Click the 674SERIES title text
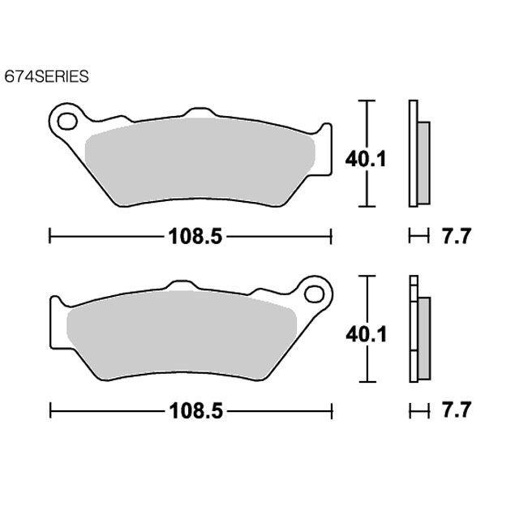point(47,76)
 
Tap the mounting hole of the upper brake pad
point(67,122)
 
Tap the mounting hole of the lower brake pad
point(314,294)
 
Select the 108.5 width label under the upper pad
point(195,237)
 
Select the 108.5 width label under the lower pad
point(196,411)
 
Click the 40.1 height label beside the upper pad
point(366,160)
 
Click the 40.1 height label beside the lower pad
point(367,335)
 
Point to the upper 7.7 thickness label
point(456,236)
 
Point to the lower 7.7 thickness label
point(456,410)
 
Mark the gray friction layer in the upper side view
point(423,163)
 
